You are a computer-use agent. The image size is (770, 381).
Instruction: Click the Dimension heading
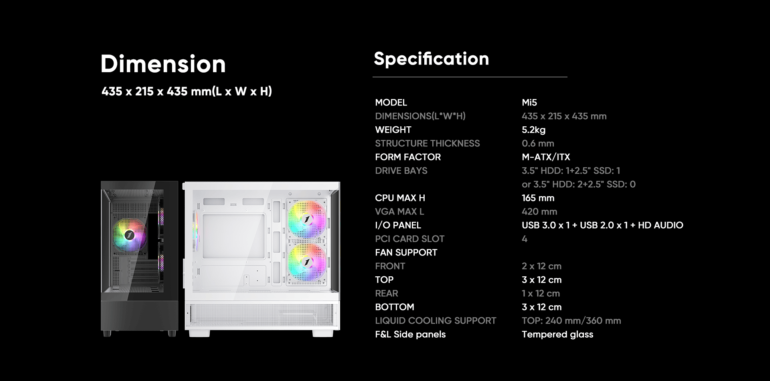(x=163, y=64)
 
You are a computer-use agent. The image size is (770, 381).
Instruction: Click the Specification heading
(x=432, y=59)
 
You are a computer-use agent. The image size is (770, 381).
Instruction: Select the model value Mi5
(x=529, y=102)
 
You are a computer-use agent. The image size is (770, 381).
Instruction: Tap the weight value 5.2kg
(x=534, y=130)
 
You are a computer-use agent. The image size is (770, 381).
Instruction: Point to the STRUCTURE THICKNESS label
(x=428, y=143)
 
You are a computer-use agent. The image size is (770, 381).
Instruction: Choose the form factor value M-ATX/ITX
(x=546, y=157)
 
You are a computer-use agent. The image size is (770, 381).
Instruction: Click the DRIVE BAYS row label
(x=401, y=170)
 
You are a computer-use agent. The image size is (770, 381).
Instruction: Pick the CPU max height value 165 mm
(x=538, y=198)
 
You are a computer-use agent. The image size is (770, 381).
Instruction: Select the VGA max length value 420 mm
(x=539, y=211)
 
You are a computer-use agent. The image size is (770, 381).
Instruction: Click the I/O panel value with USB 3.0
(x=602, y=225)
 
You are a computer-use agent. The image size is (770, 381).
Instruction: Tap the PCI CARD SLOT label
(x=410, y=239)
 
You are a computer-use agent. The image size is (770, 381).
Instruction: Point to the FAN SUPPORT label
(x=406, y=252)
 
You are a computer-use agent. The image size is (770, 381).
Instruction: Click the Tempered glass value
(x=557, y=334)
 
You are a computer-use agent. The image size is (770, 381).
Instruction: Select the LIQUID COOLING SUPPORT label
(x=436, y=320)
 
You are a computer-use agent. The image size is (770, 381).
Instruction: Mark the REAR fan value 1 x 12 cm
(x=541, y=293)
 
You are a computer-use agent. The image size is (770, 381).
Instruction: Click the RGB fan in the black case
(x=129, y=235)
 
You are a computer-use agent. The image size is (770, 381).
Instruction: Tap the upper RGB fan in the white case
(x=307, y=219)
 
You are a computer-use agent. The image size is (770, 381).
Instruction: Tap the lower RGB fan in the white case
(x=307, y=263)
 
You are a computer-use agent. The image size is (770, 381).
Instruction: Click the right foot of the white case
(x=323, y=333)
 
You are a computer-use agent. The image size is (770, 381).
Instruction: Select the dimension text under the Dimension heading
(x=187, y=91)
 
